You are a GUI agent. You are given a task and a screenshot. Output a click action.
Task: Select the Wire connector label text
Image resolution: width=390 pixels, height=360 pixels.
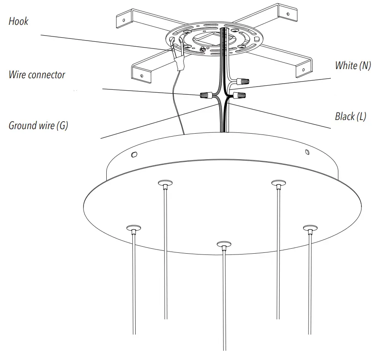(x=37, y=75)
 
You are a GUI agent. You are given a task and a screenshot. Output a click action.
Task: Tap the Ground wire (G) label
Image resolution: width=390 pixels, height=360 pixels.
(x=38, y=125)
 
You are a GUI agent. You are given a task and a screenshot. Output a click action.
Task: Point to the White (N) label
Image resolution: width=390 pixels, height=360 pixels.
(x=353, y=65)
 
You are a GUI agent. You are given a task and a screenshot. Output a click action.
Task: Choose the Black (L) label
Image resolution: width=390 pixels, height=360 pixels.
(x=350, y=116)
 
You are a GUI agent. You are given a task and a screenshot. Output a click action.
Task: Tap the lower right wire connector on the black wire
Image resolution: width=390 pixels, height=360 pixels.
(x=239, y=96)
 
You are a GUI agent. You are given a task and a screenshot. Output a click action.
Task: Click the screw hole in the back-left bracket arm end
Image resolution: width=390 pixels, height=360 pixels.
(x=123, y=19)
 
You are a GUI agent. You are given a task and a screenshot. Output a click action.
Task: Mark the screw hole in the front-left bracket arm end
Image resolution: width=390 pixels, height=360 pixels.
(x=142, y=76)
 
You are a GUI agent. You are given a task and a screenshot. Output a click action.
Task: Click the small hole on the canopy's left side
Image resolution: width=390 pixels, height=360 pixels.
(x=134, y=155)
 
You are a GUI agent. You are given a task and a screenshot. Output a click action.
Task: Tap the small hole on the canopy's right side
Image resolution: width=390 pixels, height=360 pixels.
(x=306, y=152)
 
